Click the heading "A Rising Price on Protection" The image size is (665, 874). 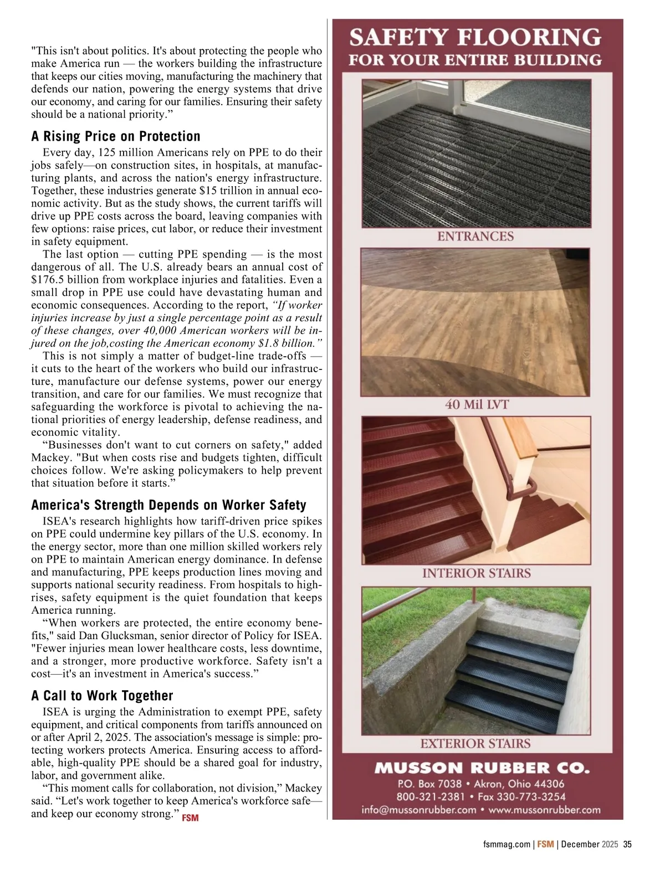coord(116,136)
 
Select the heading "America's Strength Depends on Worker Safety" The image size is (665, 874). coord(168,505)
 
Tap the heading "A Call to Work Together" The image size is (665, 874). coord(102,696)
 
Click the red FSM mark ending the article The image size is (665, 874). coord(190,818)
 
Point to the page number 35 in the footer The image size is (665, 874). coord(627,845)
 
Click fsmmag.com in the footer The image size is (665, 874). coord(507,845)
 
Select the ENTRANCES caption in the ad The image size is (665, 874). coord(475,237)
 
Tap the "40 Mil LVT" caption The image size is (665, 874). coord(476,405)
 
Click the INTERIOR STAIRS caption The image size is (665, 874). coord(476,573)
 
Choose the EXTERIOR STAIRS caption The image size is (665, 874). coord(475,743)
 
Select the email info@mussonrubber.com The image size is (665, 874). coord(419,810)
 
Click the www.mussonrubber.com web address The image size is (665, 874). coord(545,810)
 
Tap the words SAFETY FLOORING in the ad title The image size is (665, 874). coord(475,38)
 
